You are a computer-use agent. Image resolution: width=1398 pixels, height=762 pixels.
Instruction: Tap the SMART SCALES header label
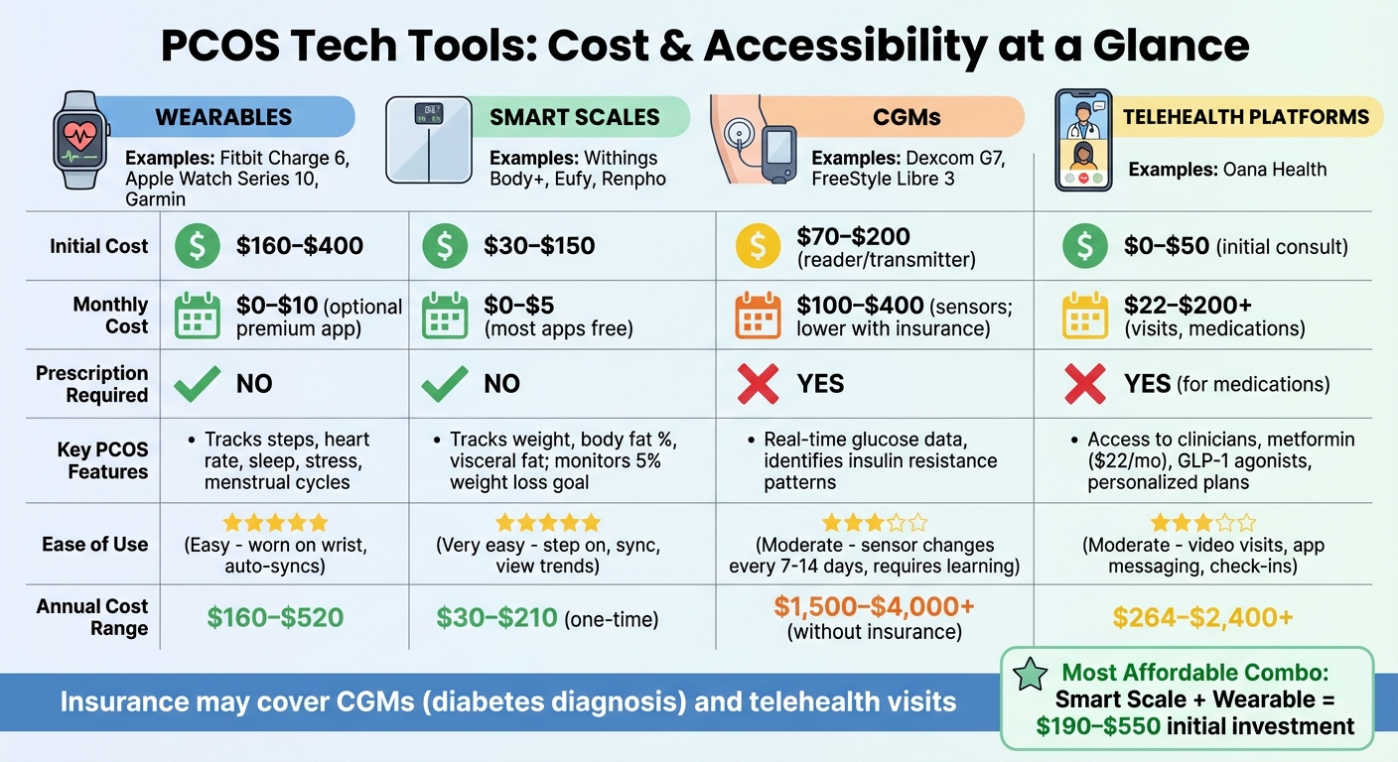(x=574, y=117)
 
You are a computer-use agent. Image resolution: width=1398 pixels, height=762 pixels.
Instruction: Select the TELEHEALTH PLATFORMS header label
(x=1245, y=117)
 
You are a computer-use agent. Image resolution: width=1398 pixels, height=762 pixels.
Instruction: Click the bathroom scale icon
(x=428, y=139)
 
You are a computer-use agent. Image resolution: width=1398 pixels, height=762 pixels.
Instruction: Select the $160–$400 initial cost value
(x=300, y=246)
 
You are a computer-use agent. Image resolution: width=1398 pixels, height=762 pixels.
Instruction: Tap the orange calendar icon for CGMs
(x=759, y=316)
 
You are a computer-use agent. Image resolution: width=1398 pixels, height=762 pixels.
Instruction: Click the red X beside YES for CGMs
(x=759, y=384)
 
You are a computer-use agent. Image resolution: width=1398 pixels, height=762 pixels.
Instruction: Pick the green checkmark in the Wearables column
(x=197, y=384)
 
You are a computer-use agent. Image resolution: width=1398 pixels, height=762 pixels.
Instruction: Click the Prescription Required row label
(x=91, y=384)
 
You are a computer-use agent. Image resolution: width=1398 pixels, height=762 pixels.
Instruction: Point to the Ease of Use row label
(x=94, y=544)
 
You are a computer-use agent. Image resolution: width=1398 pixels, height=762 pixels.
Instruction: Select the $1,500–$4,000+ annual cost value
(x=874, y=607)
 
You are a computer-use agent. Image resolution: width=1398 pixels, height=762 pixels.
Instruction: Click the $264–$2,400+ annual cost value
(x=1202, y=618)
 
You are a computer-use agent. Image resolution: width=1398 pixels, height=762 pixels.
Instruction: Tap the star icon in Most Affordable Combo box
(x=1030, y=675)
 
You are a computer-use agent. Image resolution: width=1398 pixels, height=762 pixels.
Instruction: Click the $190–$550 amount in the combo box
(x=1098, y=726)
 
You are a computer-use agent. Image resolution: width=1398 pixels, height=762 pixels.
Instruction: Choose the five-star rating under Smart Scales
(x=548, y=523)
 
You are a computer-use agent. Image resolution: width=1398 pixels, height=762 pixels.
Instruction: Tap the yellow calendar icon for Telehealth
(x=1086, y=316)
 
